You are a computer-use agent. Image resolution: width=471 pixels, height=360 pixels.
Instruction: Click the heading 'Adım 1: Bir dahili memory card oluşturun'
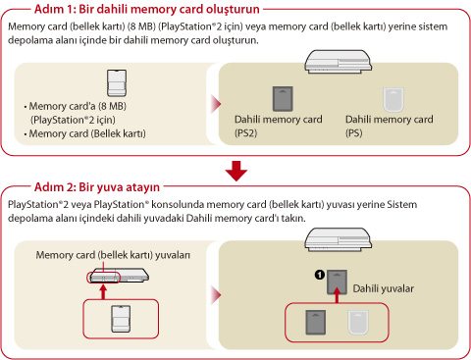pos(147,9)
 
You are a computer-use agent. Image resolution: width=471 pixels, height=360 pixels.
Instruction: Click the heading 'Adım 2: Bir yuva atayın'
pos(97,187)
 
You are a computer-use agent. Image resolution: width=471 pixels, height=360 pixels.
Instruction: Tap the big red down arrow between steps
pos(236,171)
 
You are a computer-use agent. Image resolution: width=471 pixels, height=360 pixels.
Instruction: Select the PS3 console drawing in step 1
pos(339,62)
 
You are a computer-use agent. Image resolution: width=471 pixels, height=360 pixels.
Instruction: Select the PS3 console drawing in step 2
pos(339,239)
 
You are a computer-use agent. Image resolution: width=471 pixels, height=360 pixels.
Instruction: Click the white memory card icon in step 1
pos(117,82)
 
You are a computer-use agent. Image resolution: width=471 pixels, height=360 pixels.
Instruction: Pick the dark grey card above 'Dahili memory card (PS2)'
pos(283,99)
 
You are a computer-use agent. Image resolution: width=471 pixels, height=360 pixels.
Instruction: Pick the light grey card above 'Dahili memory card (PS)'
pos(393,99)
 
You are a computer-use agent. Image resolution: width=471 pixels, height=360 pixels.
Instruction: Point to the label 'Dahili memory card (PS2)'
pos(279,126)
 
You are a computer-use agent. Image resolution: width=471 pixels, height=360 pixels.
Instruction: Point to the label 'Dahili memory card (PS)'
pos(390,126)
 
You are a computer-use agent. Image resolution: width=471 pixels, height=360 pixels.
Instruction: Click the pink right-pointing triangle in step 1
pos(216,104)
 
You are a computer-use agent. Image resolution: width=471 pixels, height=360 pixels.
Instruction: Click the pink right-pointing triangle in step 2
pos(216,295)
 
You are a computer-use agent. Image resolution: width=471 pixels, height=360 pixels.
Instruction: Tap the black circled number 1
pos(320,275)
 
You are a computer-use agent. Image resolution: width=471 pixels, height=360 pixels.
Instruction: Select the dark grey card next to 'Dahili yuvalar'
pos(337,282)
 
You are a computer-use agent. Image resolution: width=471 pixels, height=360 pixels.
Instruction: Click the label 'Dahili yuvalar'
pos(384,288)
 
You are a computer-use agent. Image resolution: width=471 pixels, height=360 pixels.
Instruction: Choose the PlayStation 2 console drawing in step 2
pos(119,276)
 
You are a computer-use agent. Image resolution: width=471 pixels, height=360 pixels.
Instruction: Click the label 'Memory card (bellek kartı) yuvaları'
pos(113,255)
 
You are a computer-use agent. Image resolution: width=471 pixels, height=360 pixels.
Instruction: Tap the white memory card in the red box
pos(121,319)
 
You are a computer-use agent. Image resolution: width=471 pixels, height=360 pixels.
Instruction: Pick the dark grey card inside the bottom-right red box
pos(316,323)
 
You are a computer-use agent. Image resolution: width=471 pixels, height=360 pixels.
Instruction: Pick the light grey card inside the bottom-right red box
pos(358,323)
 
